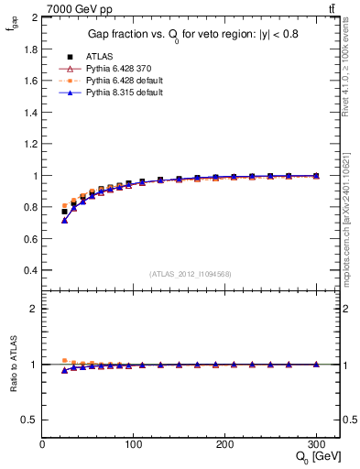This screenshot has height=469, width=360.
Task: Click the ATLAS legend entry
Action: tap(100, 56)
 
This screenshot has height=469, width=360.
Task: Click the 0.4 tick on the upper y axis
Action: tap(30, 270)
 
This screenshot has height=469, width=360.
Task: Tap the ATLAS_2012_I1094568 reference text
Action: tap(191, 273)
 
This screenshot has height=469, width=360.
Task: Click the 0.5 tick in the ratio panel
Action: tap(30, 420)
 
